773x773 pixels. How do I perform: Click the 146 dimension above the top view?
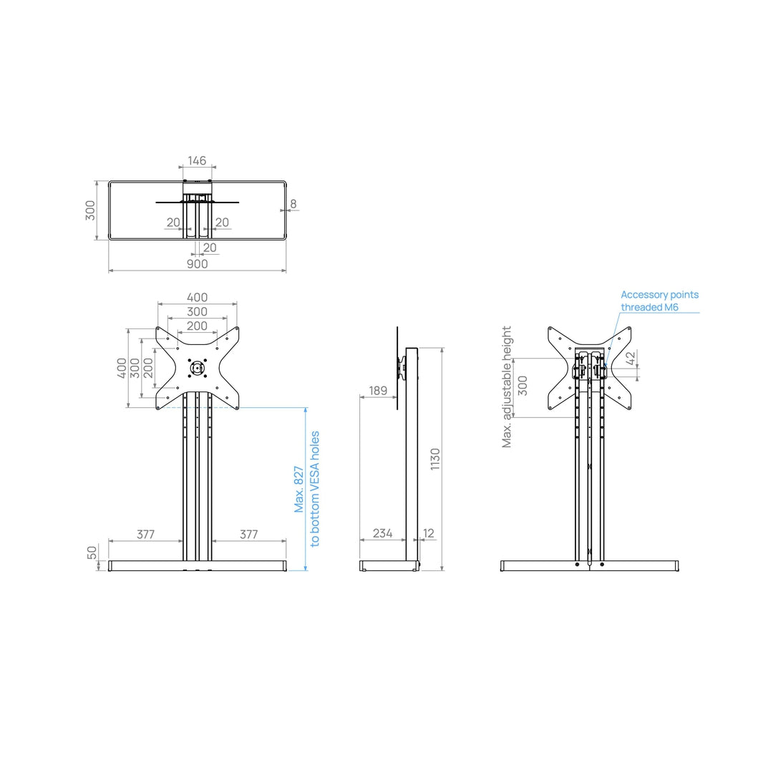click(x=197, y=161)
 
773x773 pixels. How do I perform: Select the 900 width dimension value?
click(x=197, y=264)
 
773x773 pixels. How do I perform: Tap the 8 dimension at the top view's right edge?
click(x=293, y=204)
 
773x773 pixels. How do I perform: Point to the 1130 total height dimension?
click(x=435, y=459)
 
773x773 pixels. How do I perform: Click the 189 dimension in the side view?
click(x=378, y=391)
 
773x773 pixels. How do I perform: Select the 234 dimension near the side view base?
click(x=383, y=533)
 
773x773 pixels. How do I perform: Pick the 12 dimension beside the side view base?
click(x=429, y=533)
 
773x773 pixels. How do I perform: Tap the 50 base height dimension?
click(x=92, y=553)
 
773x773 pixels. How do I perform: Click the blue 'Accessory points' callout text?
click(x=659, y=295)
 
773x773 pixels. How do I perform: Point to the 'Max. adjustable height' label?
click(x=507, y=387)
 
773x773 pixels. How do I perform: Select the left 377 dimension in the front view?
click(x=146, y=534)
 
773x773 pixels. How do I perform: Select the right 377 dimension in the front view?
click(x=248, y=534)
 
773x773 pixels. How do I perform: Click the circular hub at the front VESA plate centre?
click(x=197, y=369)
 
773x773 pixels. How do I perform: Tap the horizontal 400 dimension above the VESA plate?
click(x=197, y=298)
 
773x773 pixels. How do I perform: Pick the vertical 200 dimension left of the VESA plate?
click(x=149, y=368)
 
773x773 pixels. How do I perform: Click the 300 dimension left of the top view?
click(x=91, y=210)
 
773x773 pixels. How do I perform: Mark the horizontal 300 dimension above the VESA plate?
click(x=197, y=312)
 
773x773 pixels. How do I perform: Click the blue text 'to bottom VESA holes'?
click(x=315, y=489)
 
